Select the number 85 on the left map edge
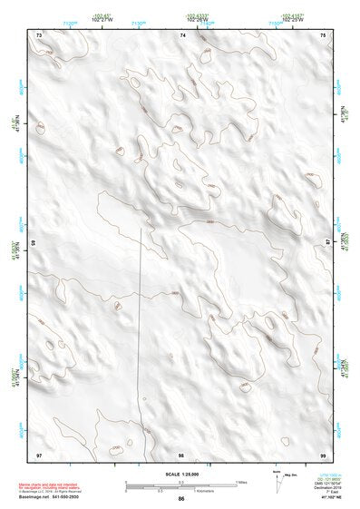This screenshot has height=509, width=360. click(x=34, y=243)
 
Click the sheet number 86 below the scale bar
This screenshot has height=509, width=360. click(x=181, y=499)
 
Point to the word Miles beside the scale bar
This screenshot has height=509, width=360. click(x=240, y=482)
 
